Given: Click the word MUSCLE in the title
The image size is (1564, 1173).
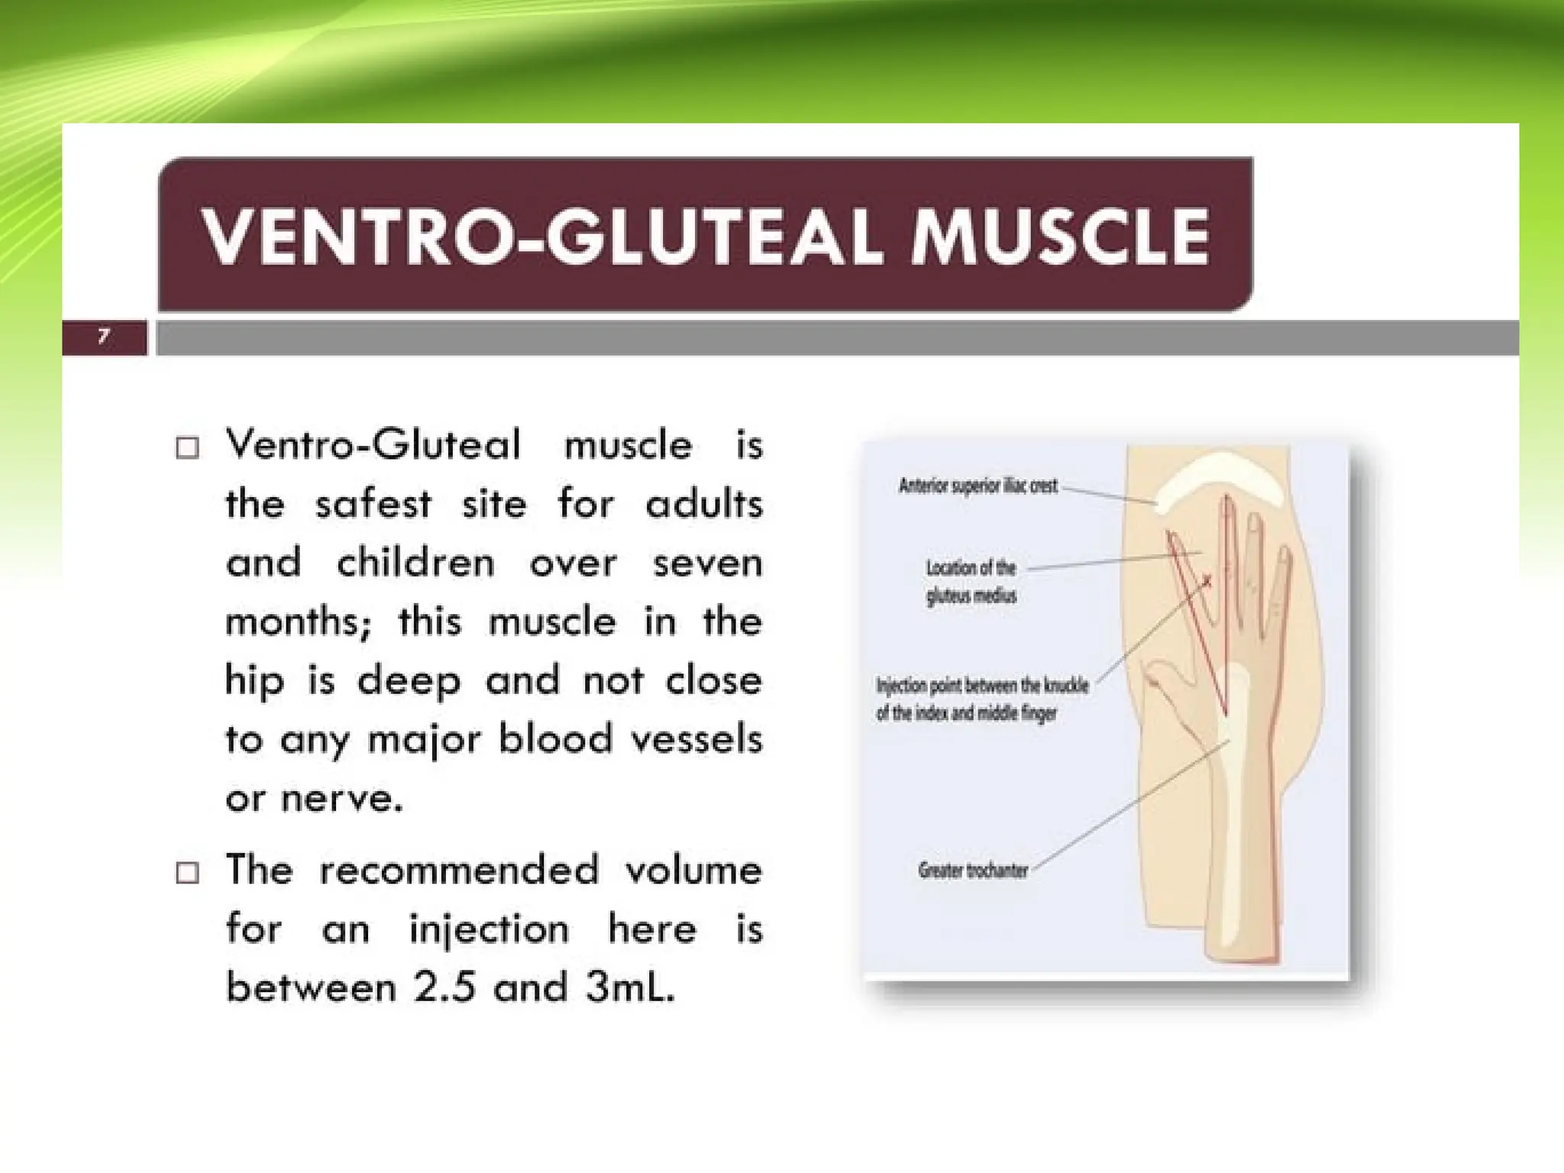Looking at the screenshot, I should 1060,237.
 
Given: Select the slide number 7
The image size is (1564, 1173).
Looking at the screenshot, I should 104,337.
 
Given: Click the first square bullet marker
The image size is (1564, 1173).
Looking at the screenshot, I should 187,447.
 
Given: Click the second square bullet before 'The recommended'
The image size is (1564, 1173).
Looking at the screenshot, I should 187,871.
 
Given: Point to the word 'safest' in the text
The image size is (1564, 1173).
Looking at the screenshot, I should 373,505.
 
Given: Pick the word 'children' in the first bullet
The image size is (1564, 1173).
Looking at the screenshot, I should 415,564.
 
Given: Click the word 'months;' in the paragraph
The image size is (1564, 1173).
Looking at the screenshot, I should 298,622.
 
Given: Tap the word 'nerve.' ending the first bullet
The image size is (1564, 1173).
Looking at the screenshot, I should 341,799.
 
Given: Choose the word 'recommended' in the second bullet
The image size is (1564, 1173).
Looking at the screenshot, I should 458,871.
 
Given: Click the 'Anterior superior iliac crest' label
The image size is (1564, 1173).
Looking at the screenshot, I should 978,486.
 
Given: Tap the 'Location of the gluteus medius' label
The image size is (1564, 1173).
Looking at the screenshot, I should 971,582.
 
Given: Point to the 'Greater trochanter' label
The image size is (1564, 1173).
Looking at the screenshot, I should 973,871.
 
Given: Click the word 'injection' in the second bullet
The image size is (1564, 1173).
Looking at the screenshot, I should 489,929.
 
